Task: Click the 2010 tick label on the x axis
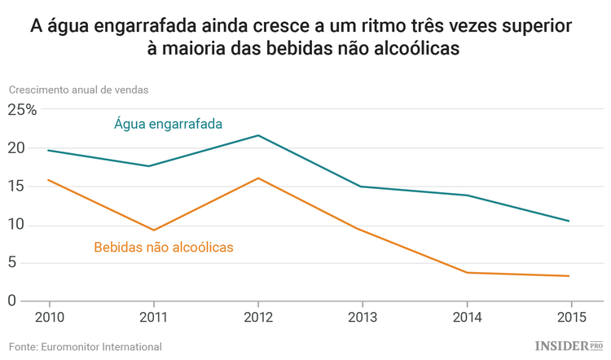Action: pos(49,317)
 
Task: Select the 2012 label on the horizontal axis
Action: pos(258,317)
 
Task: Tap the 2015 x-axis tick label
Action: pos(569,317)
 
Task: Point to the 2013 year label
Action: pos(362,317)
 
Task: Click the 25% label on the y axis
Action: pos(23,110)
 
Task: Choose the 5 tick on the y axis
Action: pos(12,263)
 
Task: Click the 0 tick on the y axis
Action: pos(12,301)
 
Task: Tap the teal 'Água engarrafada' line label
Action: pos(169,124)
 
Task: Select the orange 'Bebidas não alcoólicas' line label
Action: pos(164,246)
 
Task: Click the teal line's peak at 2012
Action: pos(258,135)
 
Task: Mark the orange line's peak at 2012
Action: pos(258,178)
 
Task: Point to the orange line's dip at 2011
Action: pos(153,230)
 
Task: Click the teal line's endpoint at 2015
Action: pos(569,221)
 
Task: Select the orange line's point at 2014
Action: pos(466,272)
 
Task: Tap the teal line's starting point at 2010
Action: pos(49,150)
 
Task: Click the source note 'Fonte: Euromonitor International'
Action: pos(86,347)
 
